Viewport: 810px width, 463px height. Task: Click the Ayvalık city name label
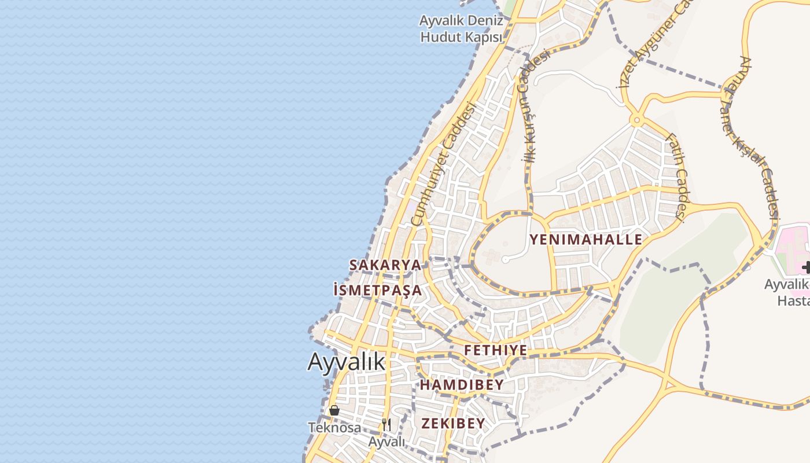point(346,362)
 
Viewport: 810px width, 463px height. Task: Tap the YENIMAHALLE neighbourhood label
point(586,240)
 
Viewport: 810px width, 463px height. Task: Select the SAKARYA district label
point(385,264)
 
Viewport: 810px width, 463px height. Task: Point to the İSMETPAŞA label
point(378,289)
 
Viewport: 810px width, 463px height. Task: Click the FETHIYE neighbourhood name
point(495,350)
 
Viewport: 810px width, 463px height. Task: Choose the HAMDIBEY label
point(462,384)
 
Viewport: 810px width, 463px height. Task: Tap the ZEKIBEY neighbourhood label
point(453,423)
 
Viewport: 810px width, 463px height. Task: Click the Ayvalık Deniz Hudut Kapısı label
point(461,29)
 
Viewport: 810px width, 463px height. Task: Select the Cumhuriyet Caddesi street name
point(443,164)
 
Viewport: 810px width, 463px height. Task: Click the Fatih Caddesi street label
point(676,177)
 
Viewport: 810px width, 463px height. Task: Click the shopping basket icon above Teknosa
point(334,410)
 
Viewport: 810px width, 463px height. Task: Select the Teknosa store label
point(334,428)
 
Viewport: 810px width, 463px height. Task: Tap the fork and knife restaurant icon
point(386,424)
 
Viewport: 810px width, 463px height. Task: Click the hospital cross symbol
point(806,267)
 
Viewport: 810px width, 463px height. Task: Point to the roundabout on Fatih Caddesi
point(637,121)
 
